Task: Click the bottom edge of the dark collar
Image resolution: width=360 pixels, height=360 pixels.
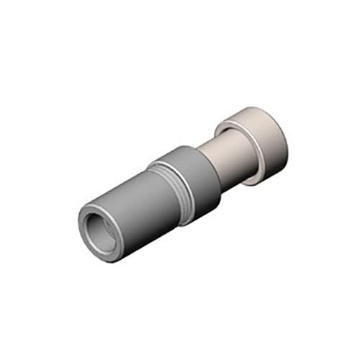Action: (x=202, y=220)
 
